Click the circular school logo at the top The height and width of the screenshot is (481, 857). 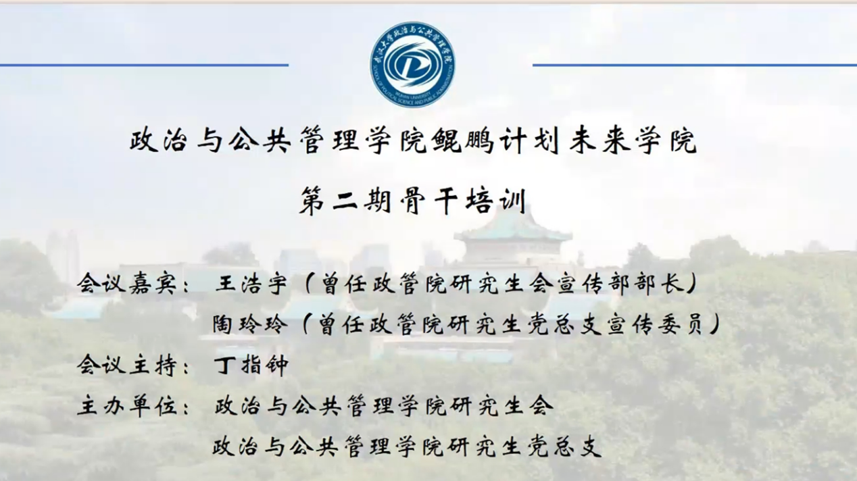click(x=412, y=64)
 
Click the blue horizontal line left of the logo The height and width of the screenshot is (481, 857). click(x=144, y=66)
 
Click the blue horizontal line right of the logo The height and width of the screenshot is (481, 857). click(x=695, y=66)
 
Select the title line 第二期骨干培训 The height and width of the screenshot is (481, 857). click(x=412, y=201)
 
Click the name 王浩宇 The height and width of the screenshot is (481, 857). click(x=251, y=284)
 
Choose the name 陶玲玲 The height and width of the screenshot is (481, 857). click(x=250, y=325)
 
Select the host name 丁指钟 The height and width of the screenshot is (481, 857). click(x=251, y=365)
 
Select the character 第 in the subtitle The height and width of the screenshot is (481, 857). click(x=312, y=201)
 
